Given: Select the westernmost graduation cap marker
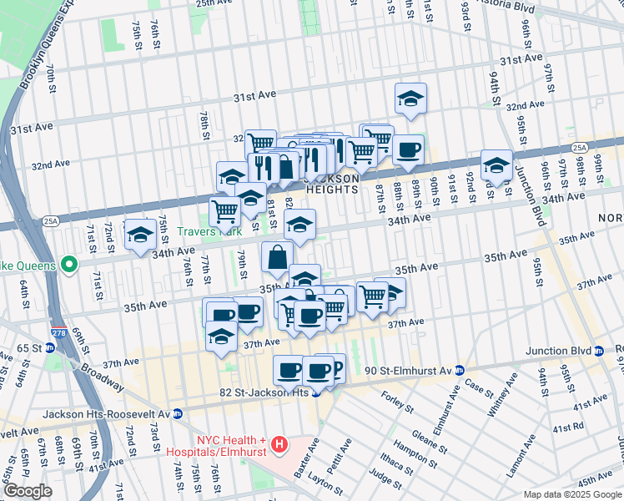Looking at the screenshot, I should click(x=140, y=233).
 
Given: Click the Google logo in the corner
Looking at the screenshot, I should click(x=28, y=491).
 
